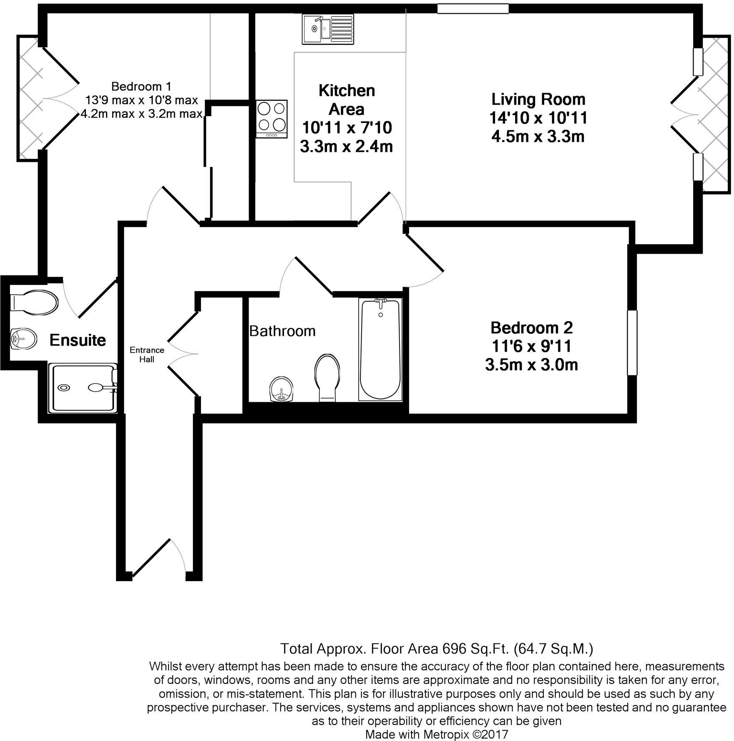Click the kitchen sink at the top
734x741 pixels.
328,29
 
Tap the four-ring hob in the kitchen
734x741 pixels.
272,118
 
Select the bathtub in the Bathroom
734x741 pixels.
380,350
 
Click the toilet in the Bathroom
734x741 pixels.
328,377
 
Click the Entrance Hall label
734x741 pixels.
147,355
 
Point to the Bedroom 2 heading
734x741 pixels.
531,328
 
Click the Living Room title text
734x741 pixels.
538,99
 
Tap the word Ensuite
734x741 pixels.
78,340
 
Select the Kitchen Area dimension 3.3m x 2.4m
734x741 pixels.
346,146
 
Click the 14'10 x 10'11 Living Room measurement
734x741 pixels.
538,118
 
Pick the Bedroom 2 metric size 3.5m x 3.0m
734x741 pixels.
531,365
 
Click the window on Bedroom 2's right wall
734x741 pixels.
633,343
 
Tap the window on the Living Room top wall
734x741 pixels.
473,8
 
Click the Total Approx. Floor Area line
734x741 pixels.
436,649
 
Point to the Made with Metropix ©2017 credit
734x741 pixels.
436,734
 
